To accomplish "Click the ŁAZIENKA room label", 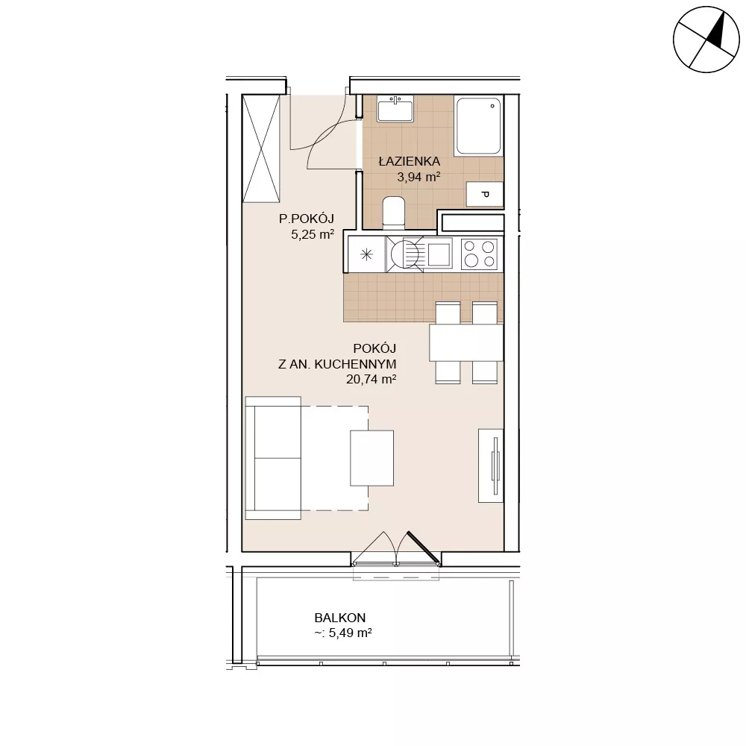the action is point(409,161).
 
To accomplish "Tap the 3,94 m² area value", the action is point(419,178).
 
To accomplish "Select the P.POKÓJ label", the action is point(307,219).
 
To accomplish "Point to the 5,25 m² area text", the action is point(313,234).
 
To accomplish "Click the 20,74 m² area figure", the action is point(371,379).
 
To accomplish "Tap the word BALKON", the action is point(340,618).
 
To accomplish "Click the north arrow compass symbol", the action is point(706,40).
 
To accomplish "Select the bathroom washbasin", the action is point(395,109).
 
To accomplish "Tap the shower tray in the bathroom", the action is point(478,126).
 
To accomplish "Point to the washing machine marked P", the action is point(484,194).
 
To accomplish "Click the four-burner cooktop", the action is point(480,254).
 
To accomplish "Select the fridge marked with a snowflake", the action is point(366,254).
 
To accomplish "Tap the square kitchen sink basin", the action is point(439,254).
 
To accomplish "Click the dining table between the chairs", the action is point(466,342).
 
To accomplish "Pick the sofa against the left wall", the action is point(273,458).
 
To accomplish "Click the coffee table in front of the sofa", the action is point(372,458).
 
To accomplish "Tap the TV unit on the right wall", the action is point(491,466).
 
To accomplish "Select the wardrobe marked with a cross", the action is point(261,148).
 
